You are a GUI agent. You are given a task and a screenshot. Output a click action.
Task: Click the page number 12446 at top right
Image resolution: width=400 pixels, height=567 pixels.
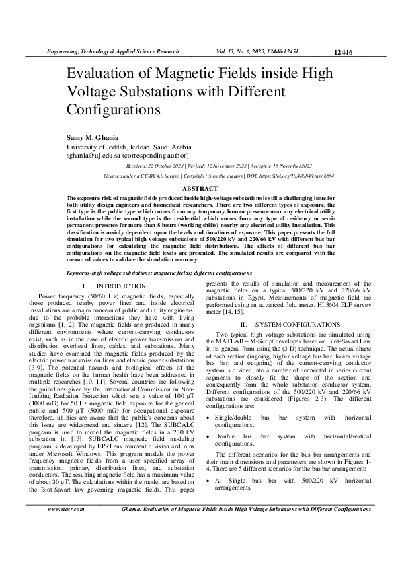coord(342,52)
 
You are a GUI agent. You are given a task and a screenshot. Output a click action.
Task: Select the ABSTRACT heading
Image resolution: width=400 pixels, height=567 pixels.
coord(200,188)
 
